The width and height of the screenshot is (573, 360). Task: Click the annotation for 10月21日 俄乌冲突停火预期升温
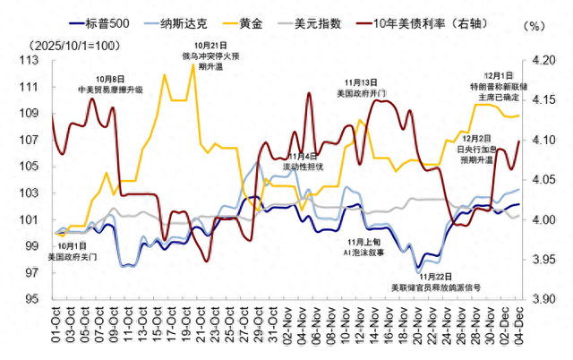click(210, 56)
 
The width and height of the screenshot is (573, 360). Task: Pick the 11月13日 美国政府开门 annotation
click(362, 88)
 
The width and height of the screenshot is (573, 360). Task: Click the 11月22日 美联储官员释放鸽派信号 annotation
click(436, 283)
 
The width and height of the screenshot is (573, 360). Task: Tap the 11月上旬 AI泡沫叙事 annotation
click(365, 247)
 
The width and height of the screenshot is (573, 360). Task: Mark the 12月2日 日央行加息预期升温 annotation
click(475, 149)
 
